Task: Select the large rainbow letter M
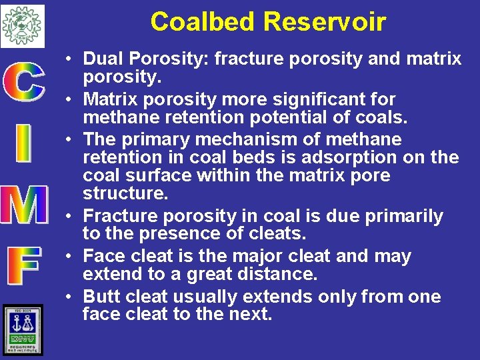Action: pos(24,204)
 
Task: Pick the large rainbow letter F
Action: pos(25,266)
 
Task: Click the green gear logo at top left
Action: pos(23,25)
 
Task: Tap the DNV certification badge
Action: pos(23,329)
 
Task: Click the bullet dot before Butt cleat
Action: pos(69,297)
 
